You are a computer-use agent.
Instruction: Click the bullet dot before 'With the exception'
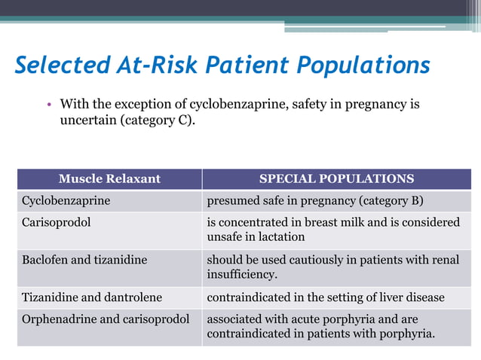click(47, 104)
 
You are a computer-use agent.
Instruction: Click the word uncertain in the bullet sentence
click(89, 119)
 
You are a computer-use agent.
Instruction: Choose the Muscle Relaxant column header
click(109, 178)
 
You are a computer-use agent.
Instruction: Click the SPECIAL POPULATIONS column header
click(336, 178)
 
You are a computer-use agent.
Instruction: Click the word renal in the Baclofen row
click(444, 259)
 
